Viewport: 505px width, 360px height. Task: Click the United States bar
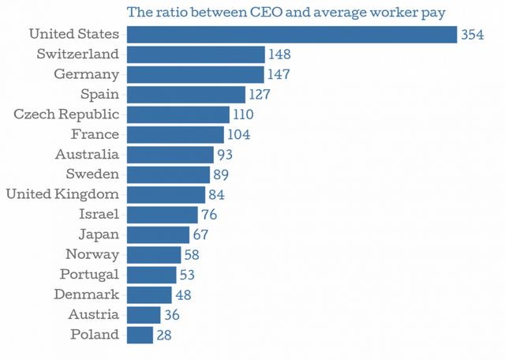[291, 35]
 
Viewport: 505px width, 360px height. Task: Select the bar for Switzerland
[195, 54]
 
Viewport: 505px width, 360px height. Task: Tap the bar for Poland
[139, 335]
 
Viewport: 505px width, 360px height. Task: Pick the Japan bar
[158, 234]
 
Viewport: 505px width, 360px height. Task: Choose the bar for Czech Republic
[176, 114]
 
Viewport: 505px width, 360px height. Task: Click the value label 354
[472, 35]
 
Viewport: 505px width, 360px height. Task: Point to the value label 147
[279, 75]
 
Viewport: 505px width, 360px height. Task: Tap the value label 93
[225, 155]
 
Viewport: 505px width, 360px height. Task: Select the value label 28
[163, 335]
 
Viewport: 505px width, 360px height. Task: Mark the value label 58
[192, 255]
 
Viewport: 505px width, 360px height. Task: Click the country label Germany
[87, 74]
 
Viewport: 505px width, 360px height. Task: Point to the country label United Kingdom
[62, 194]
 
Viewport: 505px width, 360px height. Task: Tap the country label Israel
[99, 214]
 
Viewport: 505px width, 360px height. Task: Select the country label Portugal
[90, 275]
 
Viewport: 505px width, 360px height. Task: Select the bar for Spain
[185, 95]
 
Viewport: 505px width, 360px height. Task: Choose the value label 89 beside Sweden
[221, 174]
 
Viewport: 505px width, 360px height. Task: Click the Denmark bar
[148, 294]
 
